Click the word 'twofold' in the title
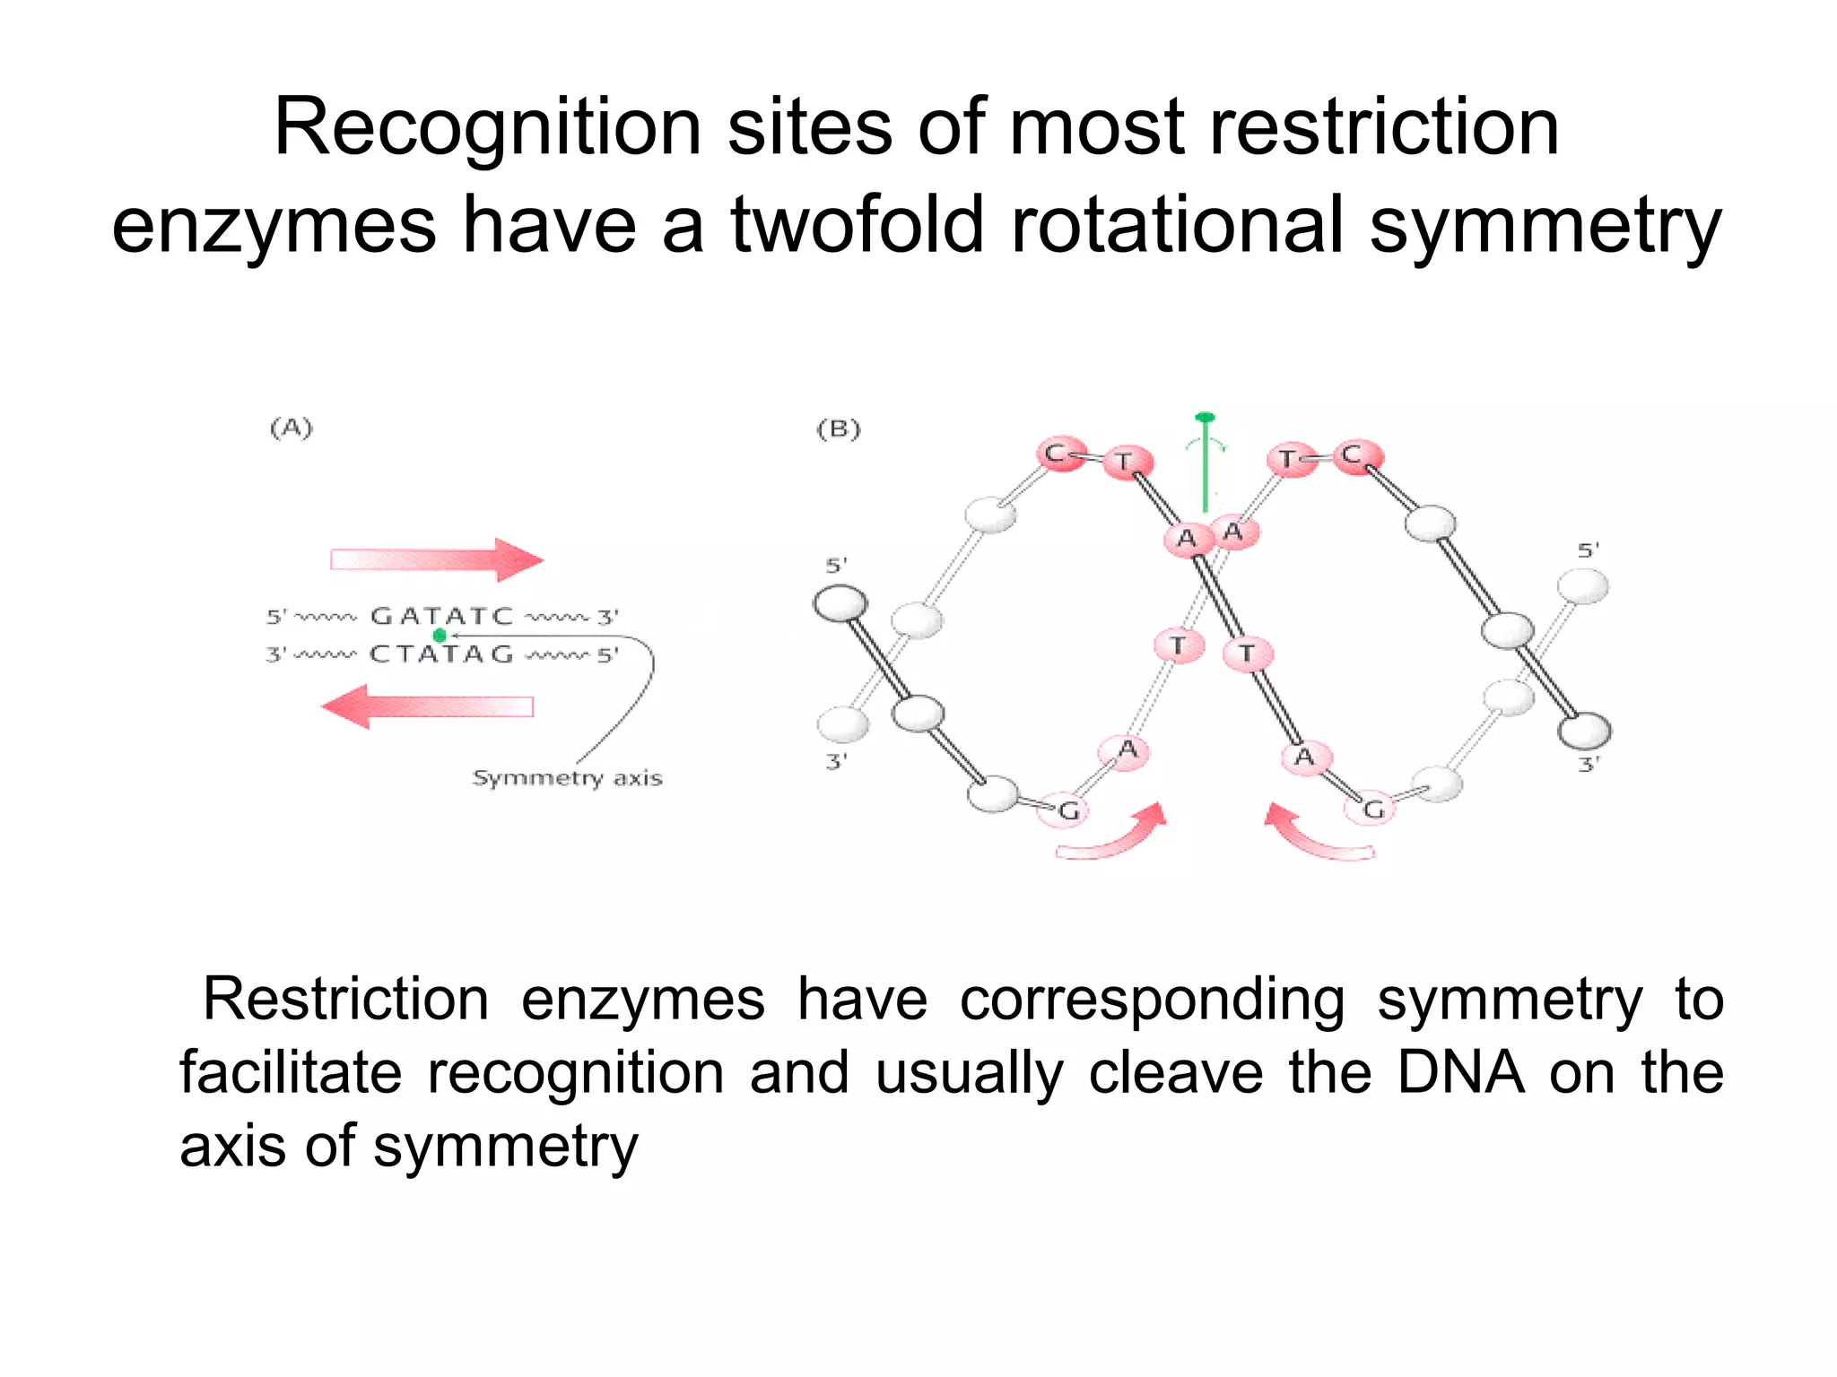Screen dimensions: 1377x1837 point(858,225)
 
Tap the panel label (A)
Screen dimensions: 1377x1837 point(292,429)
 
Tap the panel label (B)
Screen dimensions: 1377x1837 point(839,429)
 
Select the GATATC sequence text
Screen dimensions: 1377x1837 point(442,616)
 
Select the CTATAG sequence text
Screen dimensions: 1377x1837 point(441,654)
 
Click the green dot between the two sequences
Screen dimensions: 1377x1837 point(440,636)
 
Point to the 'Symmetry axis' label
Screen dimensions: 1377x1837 point(567,778)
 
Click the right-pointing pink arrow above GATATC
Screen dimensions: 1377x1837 point(437,560)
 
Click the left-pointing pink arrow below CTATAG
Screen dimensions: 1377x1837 point(428,706)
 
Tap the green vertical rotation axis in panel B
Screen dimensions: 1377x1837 point(1206,466)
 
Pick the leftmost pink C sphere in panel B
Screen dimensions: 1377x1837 point(1060,454)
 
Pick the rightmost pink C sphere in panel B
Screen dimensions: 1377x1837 point(1355,456)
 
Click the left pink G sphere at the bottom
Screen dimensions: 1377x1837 point(1066,811)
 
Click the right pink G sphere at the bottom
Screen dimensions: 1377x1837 point(1371,810)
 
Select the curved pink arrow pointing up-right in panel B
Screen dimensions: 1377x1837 point(1112,834)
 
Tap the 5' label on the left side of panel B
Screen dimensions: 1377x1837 point(836,566)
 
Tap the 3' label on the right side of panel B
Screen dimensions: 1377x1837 point(1589,765)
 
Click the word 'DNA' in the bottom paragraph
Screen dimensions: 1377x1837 point(1460,1072)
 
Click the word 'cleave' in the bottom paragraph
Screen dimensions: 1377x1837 point(1176,1072)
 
